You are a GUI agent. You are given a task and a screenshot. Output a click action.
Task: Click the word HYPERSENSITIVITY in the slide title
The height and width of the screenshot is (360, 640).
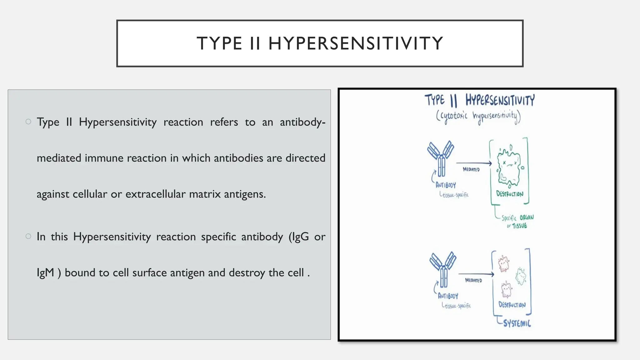pyautogui.click(x=356, y=43)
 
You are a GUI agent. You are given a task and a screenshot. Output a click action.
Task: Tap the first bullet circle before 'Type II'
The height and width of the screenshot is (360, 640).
pyautogui.click(x=28, y=122)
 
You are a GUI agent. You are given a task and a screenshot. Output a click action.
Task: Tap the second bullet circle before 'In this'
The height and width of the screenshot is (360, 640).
pyautogui.click(x=28, y=236)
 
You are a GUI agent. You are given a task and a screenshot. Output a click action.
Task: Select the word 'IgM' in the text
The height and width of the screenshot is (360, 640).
pyautogui.click(x=45, y=272)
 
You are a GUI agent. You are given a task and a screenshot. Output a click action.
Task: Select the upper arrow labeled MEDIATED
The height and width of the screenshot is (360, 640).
pyautogui.click(x=473, y=163)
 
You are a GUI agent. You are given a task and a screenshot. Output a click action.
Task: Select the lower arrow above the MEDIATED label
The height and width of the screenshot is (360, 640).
pyautogui.click(x=476, y=274)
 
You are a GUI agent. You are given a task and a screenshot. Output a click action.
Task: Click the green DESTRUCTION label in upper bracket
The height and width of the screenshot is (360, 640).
pyautogui.click(x=510, y=194)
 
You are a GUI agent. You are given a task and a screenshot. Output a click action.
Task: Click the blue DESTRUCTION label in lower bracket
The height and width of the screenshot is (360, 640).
pyautogui.click(x=512, y=305)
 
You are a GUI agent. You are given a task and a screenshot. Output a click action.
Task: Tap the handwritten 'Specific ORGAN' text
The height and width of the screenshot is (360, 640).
pyautogui.click(x=517, y=217)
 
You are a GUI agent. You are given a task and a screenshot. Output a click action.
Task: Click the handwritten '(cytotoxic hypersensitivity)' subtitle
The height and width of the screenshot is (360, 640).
pyautogui.click(x=478, y=117)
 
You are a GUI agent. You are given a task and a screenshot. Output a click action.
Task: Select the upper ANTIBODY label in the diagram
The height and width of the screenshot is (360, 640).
pyautogui.click(x=446, y=185)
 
